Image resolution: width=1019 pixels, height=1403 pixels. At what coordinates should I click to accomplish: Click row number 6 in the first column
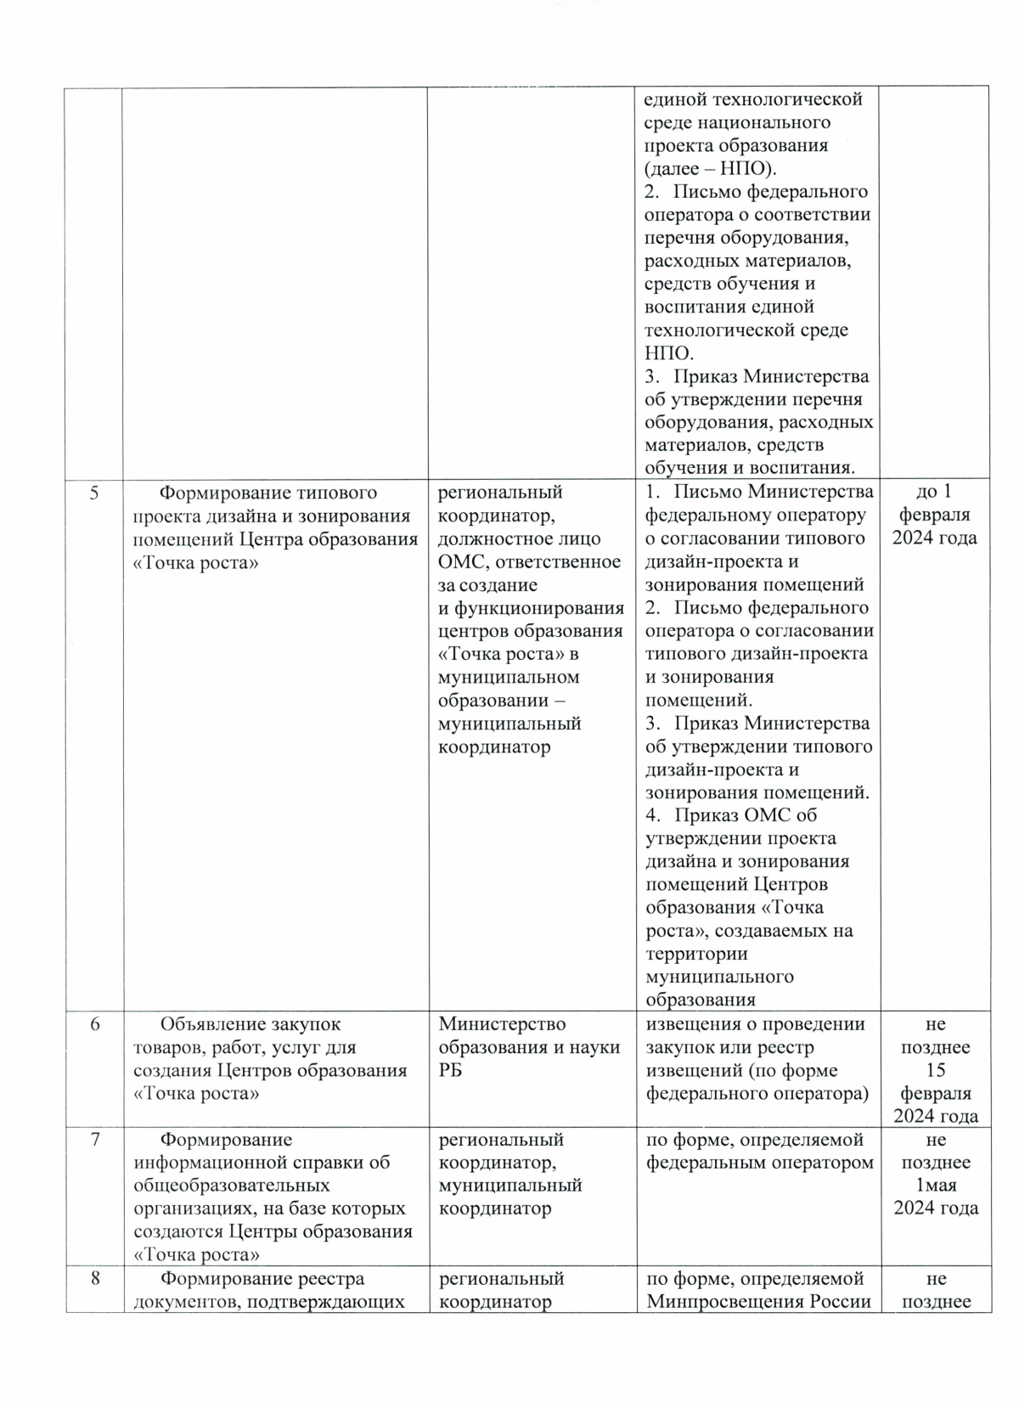point(94,1025)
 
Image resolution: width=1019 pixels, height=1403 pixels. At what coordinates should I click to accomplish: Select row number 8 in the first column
point(94,1279)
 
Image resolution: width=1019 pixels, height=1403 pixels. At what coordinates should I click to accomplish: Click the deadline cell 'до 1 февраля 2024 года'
point(934,515)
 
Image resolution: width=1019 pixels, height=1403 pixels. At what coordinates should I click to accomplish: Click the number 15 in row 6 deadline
point(936,1071)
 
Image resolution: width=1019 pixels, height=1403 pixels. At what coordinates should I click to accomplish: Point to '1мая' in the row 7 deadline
point(935,1186)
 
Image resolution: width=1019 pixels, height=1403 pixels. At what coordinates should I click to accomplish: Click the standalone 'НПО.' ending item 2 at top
point(668,353)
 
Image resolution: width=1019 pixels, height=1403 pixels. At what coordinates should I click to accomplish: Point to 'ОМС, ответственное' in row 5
point(529,561)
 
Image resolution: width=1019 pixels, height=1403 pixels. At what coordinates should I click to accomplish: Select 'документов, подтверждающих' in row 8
point(268,1302)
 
